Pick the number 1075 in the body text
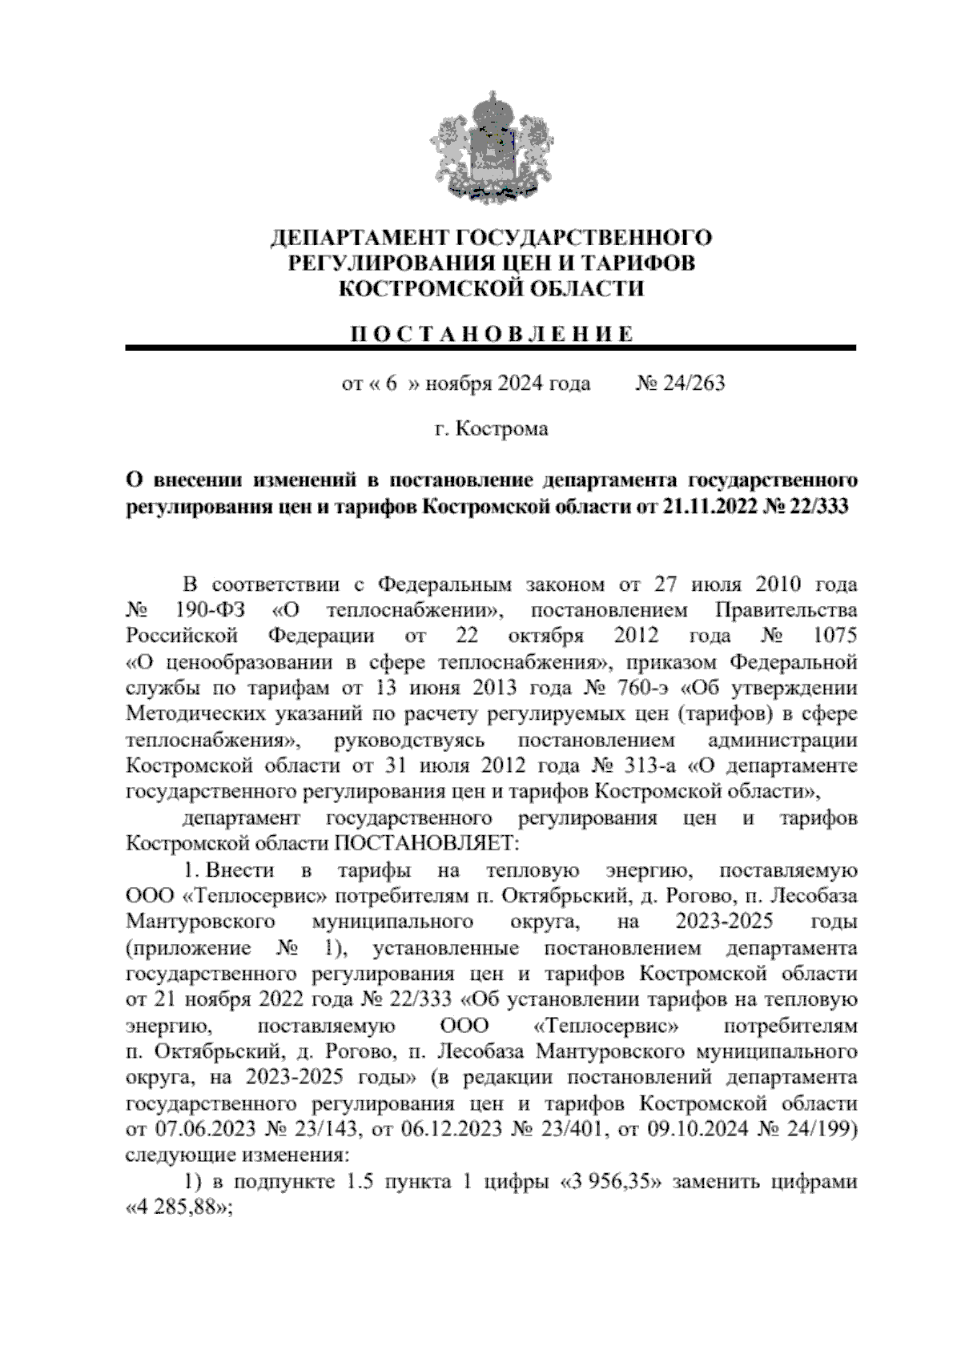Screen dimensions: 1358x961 pyautogui.click(x=834, y=636)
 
